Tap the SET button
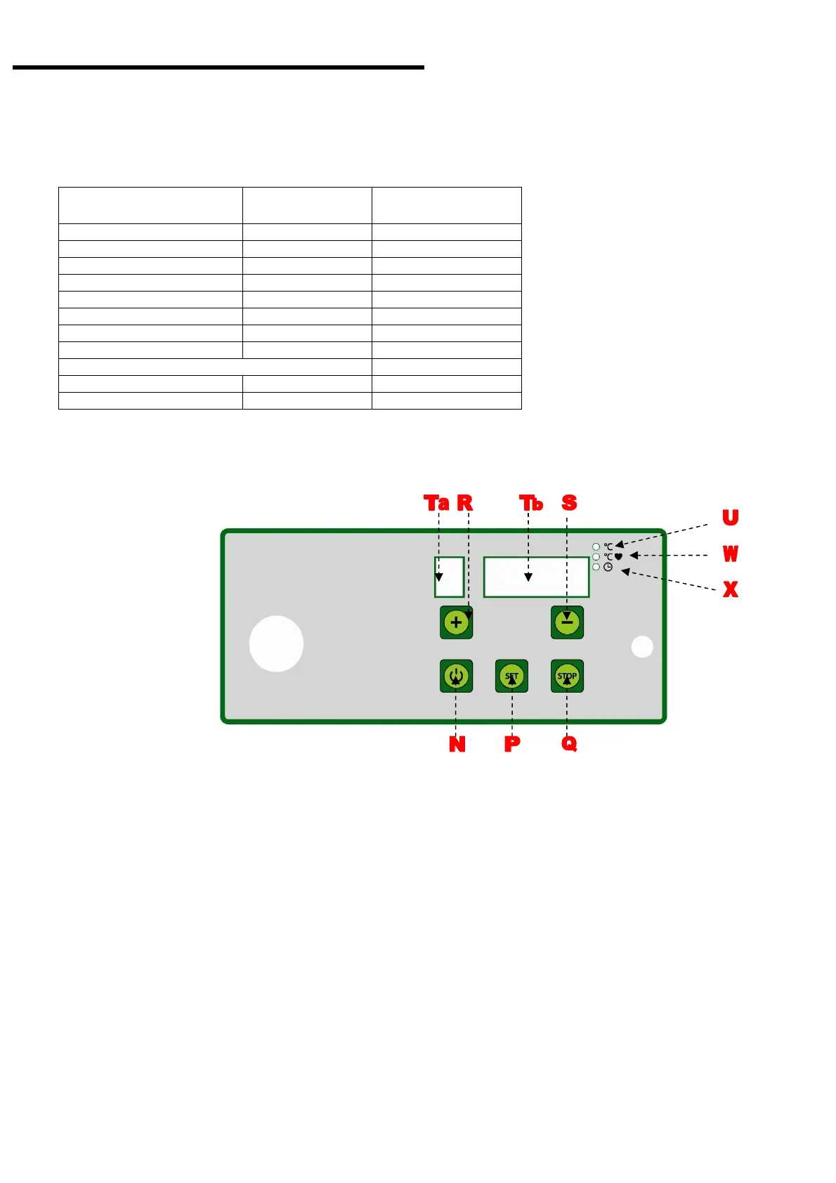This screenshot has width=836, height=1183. click(511, 677)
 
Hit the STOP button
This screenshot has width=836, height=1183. click(567, 677)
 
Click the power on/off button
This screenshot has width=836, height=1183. click(456, 677)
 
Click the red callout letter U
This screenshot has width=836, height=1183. click(731, 518)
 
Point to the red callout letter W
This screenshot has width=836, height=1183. click(731, 554)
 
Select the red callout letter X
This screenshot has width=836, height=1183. click(731, 589)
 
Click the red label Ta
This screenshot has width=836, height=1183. click(436, 503)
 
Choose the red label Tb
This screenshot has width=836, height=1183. click(531, 503)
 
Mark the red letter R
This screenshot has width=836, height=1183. click(465, 503)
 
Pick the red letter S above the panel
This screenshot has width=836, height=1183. click(569, 503)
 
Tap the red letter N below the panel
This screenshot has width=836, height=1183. click(457, 744)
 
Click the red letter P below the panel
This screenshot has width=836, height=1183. click(512, 744)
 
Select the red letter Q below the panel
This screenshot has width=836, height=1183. click(569, 744)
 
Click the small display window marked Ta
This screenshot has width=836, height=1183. click(449, 577)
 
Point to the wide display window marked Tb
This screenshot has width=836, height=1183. click(536, 577)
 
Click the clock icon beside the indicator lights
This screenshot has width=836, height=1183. click(608, 567)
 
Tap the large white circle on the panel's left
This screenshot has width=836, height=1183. click(276, 643)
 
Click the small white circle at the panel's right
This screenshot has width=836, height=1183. click(642, 647)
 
